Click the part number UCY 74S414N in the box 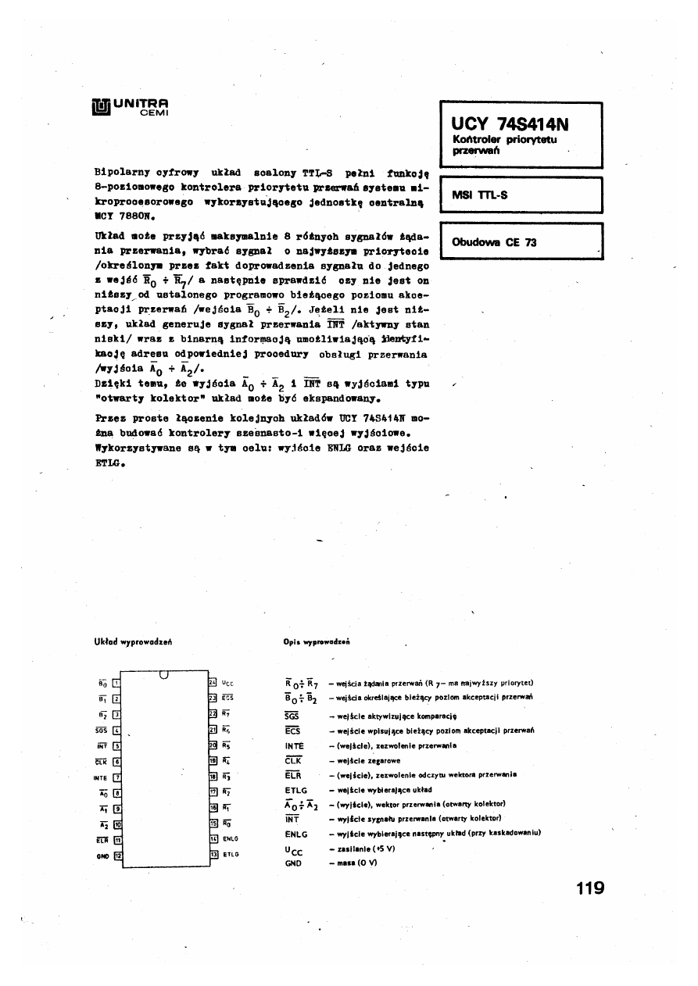[x=510, y=124]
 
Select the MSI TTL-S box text [x=480, y=196]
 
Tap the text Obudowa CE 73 [x=494, y=242]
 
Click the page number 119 [x=589, y=888]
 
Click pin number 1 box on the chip [x=116, y=682]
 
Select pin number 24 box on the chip [x=211, y=682]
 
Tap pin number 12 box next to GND [x=117, y=854]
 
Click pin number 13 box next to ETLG [x=211, y=854]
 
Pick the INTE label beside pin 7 [x=99, y=777]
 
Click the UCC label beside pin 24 [x=227, y=682]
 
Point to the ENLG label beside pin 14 [x=230, y=838]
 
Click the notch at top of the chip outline [x=164, y=675]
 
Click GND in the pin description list [x=293, y=863]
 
